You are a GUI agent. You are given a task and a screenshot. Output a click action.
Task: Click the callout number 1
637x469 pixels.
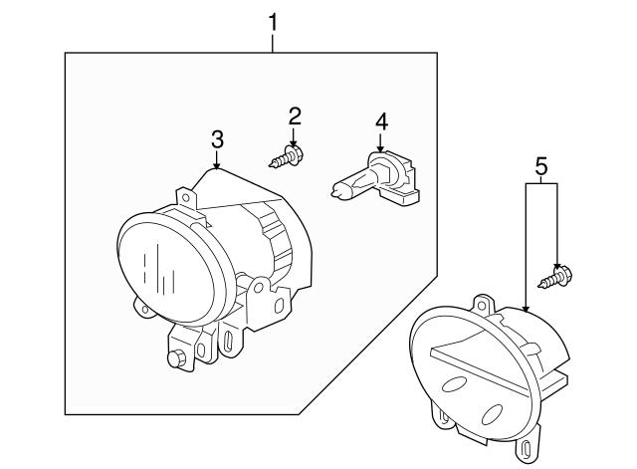(x=273, y=22)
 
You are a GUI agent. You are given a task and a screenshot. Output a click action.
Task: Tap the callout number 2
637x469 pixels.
(x=295, y=117)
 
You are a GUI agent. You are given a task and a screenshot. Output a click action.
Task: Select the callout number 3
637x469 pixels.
(x=217, y=139)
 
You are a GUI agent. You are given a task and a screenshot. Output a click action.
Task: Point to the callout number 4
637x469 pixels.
(x=381, y=121)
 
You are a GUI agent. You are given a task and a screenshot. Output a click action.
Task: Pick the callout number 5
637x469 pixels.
(x=541, y=166)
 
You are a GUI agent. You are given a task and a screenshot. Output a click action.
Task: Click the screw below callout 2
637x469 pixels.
(x=288, y=157)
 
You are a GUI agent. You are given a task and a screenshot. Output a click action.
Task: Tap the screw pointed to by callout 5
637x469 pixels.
(x=555, y=277)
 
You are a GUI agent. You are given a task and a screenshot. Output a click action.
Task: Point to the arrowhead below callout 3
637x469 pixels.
(x=217, y=165)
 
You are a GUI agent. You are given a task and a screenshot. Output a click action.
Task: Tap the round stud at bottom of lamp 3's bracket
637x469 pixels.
(x=175, y=358)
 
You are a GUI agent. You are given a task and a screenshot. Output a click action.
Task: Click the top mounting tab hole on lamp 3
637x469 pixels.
(x=186, y=198)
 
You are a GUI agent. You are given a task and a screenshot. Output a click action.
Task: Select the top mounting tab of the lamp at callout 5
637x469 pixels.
(x=484, y=304)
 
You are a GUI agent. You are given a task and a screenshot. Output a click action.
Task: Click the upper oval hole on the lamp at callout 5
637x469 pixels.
(x=454, y=384)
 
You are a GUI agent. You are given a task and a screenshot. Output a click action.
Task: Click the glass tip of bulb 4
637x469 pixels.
(x=335, y=190)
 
